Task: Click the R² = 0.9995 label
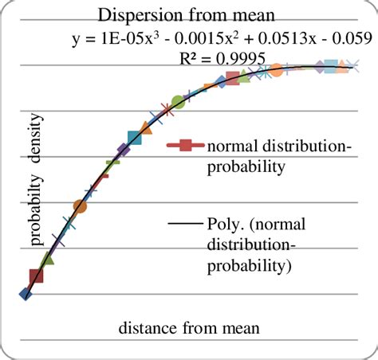pos(222,60)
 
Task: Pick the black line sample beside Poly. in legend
pos(186,225)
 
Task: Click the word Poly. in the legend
pos(225,225)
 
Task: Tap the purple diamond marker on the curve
pos(123,150)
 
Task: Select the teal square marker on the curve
pos(134,139)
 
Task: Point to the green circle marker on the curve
pos(179,101)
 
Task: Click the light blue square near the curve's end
pos(329,67)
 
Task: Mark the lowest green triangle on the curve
pos(47,258)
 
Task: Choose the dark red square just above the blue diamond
pos(36,276)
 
